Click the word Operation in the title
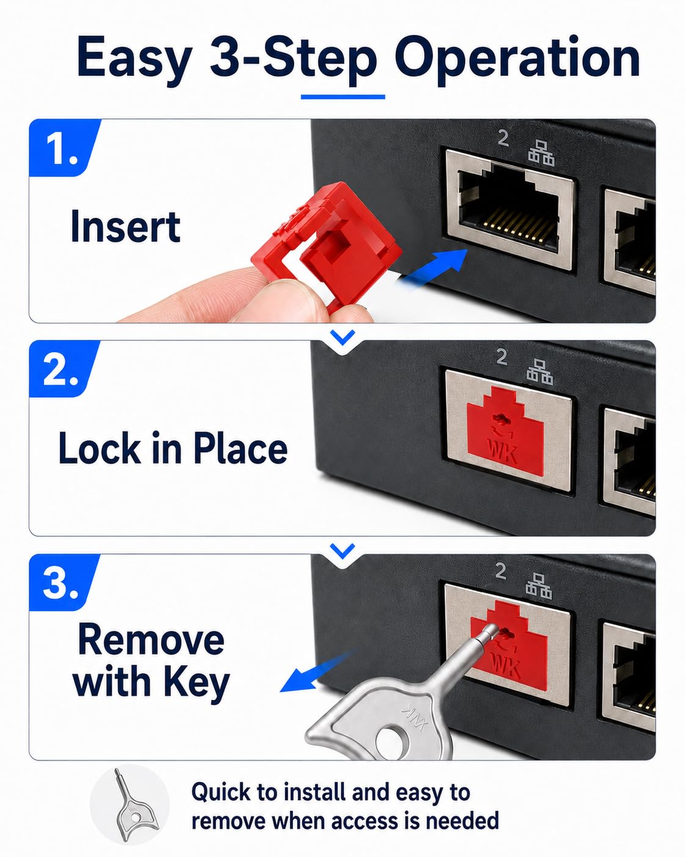point(517,60)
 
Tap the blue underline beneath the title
point(343,97)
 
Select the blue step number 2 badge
point(64,369)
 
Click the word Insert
point(126,226)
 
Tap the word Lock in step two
point(100,448)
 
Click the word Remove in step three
point(151,639)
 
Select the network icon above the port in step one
point(541,153)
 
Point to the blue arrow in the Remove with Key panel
point(316,673)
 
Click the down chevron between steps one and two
point(342,337)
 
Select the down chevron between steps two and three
point(342,551)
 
